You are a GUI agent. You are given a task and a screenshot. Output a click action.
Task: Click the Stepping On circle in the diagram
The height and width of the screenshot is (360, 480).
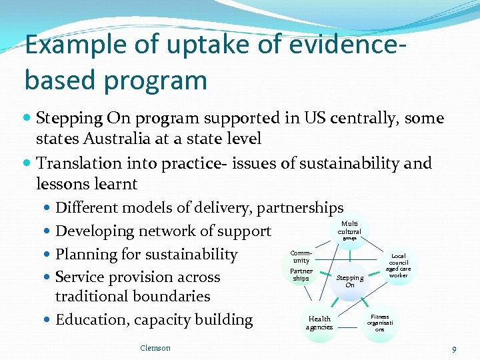(350, 281)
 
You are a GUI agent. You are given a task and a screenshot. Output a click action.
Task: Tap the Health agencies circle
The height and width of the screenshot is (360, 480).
(319, 323)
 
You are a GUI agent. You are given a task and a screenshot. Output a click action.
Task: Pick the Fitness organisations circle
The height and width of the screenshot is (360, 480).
(380, 323)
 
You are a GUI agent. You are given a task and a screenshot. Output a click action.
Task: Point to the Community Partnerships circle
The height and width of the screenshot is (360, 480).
(301, 266)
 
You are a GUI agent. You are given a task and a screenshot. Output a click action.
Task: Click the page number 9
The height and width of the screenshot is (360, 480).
(454, 349)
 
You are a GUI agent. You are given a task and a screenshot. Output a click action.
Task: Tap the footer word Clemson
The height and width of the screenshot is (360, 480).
(155, 347)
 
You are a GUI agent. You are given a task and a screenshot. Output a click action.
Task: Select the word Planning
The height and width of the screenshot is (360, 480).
(84, 255)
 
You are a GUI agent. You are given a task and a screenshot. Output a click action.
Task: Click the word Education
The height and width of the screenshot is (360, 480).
(89, 320)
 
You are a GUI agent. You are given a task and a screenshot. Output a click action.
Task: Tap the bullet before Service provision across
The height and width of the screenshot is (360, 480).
(48, 277)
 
